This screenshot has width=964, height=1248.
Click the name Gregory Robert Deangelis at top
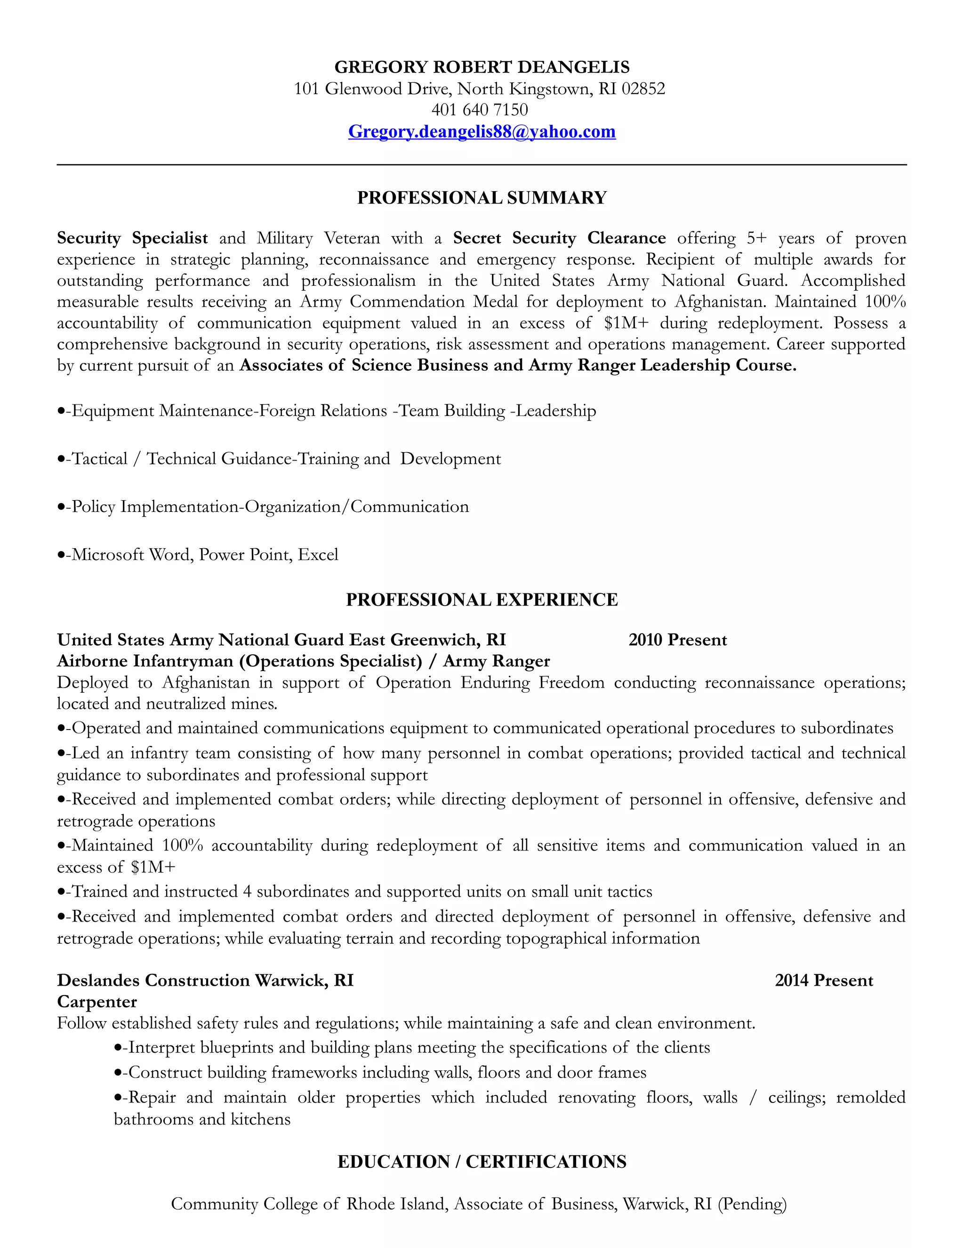point(482,67)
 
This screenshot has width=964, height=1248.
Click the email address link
point(482,131)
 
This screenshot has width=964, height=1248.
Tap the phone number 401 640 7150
point(479,110)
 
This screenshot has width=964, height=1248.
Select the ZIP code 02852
point(643,89)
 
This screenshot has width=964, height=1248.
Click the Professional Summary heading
point(482,198)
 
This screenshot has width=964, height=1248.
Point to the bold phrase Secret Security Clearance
point(559,238)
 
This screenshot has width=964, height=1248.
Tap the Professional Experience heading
point(482,600)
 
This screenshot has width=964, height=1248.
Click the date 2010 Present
point(677,640)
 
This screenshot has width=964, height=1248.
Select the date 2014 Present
point(824,981)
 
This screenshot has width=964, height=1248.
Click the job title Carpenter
point(97,1002)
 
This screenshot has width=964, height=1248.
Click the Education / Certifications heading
point(482,1162)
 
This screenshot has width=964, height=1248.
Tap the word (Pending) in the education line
point(752,1205)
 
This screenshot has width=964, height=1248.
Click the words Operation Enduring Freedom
point(490,683)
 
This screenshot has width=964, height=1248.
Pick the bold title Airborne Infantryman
point(145,661)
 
